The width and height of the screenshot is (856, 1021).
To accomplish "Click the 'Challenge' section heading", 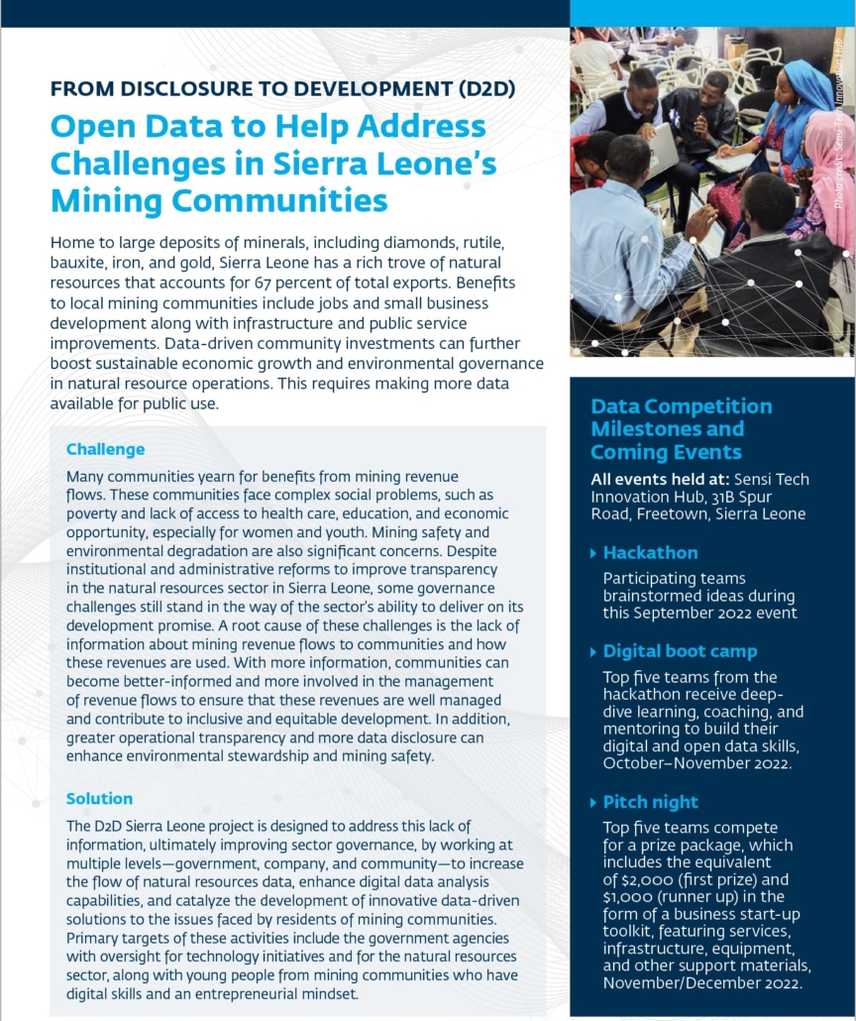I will tap(105, 449).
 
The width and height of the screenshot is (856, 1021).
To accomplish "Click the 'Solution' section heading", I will tap(99, 798).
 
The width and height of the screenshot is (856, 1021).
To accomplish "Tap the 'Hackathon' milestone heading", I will tap(650, 552).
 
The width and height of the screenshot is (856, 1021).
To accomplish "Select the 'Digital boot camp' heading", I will tap(680, 651).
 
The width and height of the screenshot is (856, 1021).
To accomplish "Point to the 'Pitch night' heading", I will tap(650, 802).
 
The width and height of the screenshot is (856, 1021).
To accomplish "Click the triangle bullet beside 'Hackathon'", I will tap(593, 553).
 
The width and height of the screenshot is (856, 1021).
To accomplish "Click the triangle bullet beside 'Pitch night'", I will tap(593, 803).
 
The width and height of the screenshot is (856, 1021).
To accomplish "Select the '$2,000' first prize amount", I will tap(633, 878).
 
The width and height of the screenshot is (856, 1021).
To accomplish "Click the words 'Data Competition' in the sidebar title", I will tap(681, 406).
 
